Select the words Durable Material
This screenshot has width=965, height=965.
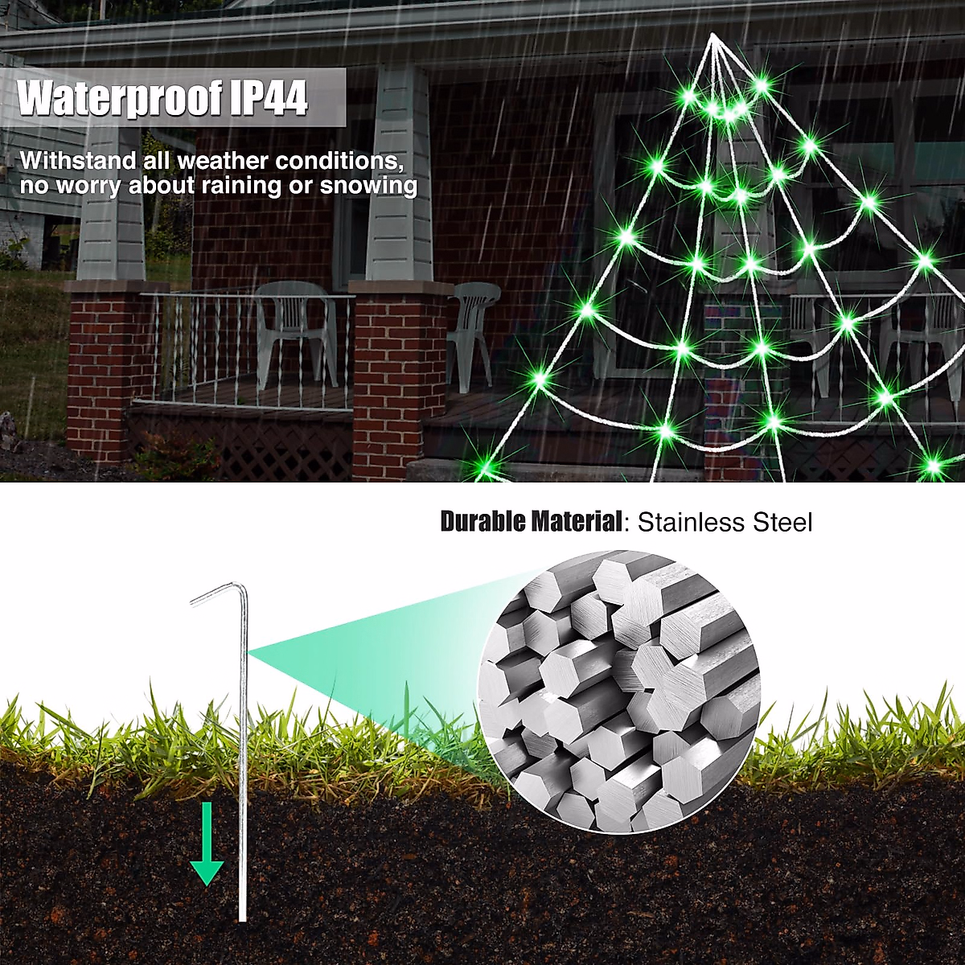tap(531, 522)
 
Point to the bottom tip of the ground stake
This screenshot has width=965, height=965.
tap(241, 917)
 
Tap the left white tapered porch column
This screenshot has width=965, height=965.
tap(112, 201)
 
